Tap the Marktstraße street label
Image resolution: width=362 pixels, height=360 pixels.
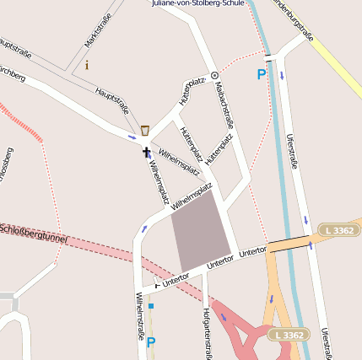(98, 30)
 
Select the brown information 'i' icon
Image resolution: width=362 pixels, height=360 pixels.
(86, 64)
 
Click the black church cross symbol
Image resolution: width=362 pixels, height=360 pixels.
(146, 153)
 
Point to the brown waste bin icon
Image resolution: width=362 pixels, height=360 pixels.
(146, 130)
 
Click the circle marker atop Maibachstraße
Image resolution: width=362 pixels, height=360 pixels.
(213, 75)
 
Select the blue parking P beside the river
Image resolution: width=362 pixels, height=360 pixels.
(261, 74)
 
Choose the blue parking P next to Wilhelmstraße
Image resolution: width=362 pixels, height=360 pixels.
(151, 342)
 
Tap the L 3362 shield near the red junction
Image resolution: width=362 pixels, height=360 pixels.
(287, 335)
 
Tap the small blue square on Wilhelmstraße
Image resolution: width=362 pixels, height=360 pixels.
(151, 306)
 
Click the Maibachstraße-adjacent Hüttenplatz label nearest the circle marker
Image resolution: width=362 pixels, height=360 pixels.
(192, 91)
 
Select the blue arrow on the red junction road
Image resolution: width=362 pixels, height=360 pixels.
(224, 318)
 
